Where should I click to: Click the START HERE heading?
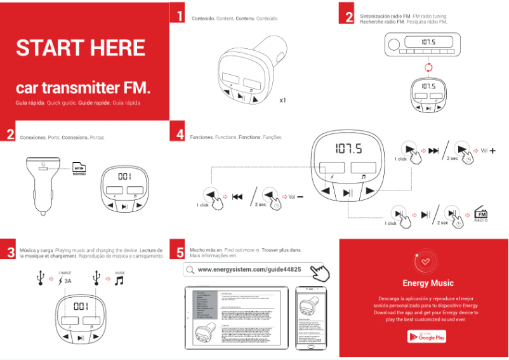tap(81, 48)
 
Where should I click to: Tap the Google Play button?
tap(426, 337)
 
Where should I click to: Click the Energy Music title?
tap(428, 283)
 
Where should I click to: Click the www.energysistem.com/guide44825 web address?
tap(249, 269)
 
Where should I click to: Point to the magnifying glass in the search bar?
tap(189, 270)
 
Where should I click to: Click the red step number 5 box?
tap(180, 251)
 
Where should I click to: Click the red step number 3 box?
tap(10, 251)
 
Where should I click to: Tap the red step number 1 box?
tap(180, 17)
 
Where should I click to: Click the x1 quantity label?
tap(283, 100)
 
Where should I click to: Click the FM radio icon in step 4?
tap(481, 215)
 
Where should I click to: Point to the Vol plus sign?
tap(492, 150)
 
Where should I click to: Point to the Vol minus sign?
tap(300, 196)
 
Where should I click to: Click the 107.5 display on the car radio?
tap(428, 43)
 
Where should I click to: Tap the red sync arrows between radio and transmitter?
tap(428, 67)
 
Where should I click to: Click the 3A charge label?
tap(67, 280)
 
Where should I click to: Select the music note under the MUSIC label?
tap(119, 280)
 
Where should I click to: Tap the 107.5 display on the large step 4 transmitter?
tap(349, 149)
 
